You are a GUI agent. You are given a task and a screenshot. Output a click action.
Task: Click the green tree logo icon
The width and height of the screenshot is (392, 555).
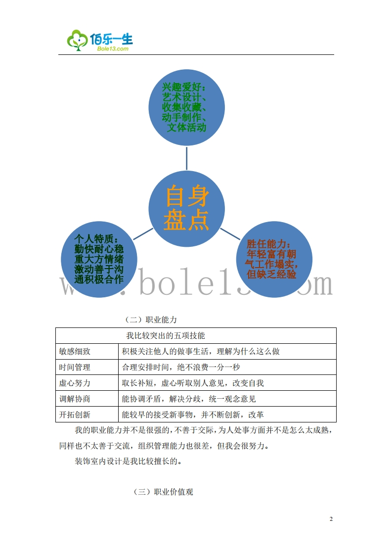coord(77,40)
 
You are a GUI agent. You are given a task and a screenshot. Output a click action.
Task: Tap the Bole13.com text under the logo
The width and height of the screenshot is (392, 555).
coord(110,49)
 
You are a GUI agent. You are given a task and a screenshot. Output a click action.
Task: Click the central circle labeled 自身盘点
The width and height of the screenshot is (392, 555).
coord(187,208)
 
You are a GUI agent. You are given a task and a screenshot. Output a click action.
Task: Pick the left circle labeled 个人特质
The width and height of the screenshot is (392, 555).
coord(99,259)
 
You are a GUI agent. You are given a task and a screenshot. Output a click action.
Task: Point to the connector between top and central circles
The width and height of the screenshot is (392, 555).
coord(187,158)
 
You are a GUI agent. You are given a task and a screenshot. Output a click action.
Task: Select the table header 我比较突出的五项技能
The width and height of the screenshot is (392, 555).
coord(166,335)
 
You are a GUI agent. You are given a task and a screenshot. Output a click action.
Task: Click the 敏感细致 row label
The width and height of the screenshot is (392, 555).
coord(75,351)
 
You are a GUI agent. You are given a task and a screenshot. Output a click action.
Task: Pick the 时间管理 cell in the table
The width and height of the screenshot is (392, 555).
coord(75,367)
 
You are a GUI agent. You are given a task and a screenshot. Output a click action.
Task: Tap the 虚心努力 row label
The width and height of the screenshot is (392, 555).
coord(75,383)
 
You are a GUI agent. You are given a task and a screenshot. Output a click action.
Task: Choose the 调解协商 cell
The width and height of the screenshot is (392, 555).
coord(75,399)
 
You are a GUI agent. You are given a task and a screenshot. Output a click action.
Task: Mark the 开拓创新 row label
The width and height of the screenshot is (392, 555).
coord(75,415)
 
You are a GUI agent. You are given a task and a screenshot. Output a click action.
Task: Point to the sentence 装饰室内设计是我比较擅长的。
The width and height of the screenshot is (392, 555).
coord(128,462)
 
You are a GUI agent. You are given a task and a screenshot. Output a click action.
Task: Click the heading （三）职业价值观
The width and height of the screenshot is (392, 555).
coord(163,492)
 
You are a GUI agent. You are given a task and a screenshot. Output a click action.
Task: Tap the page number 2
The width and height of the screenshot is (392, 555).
coord(331,519)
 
